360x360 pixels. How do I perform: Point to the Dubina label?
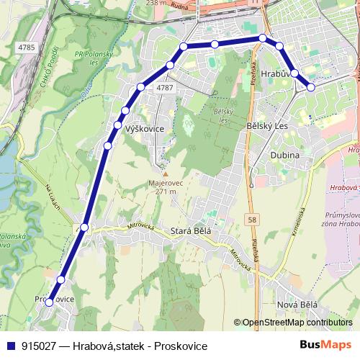point(284,155)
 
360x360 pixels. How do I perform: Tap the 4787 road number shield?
point(165,87)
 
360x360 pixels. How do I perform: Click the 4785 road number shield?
point(27,48)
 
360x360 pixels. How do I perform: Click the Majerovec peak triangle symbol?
point(165,174)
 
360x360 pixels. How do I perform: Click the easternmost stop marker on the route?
point(311,87)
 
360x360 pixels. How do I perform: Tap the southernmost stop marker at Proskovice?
point(49,302)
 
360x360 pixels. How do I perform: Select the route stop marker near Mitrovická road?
point(84,228)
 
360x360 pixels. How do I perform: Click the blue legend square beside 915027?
point(12,346)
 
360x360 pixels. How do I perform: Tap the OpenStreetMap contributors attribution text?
point(295,323)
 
